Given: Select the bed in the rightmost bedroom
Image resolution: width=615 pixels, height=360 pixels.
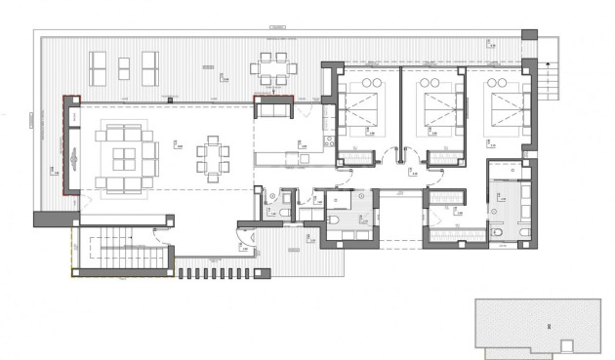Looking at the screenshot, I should [502, 104].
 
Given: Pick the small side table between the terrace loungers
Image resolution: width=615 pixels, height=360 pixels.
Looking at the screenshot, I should [124, 66].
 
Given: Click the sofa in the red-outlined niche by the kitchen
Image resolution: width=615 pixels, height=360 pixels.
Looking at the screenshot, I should [273, 110].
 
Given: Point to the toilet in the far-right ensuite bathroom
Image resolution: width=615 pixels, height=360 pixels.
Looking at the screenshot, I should [499, 231].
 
